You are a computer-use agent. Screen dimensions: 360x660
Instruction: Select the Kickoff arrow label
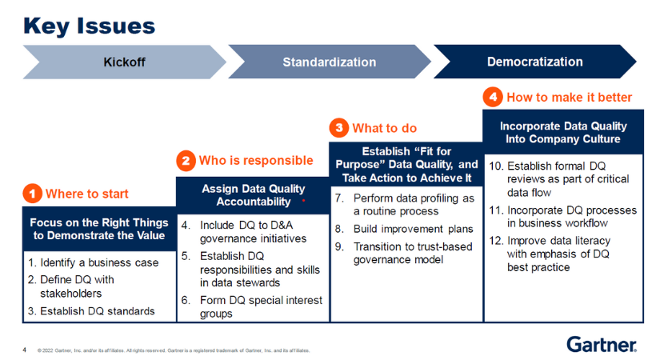point(124,62)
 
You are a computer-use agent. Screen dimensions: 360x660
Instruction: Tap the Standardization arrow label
point(329,62)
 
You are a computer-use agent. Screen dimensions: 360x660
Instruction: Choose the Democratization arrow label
point(534,62)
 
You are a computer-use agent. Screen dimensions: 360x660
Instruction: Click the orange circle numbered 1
point(32,194)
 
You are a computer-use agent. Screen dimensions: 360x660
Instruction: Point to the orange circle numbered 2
point(185,161)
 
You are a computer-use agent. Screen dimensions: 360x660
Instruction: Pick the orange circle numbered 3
point(339,128)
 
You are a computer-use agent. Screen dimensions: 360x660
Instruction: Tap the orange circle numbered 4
point(493,97)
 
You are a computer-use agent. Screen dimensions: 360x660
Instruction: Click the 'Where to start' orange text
point(86,194)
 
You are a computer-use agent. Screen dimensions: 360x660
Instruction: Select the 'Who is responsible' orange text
point(255,161)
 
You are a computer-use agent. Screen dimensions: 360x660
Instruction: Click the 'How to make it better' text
point(569,97)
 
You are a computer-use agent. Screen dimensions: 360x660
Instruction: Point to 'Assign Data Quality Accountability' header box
point(252,195)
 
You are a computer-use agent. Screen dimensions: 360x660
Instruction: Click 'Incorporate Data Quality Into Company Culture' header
point(562,133)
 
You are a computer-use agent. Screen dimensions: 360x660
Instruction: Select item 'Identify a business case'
point(93,262)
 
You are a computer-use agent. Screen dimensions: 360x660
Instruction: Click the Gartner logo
point(602,344)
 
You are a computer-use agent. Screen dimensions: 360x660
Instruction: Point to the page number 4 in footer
point(24,350)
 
